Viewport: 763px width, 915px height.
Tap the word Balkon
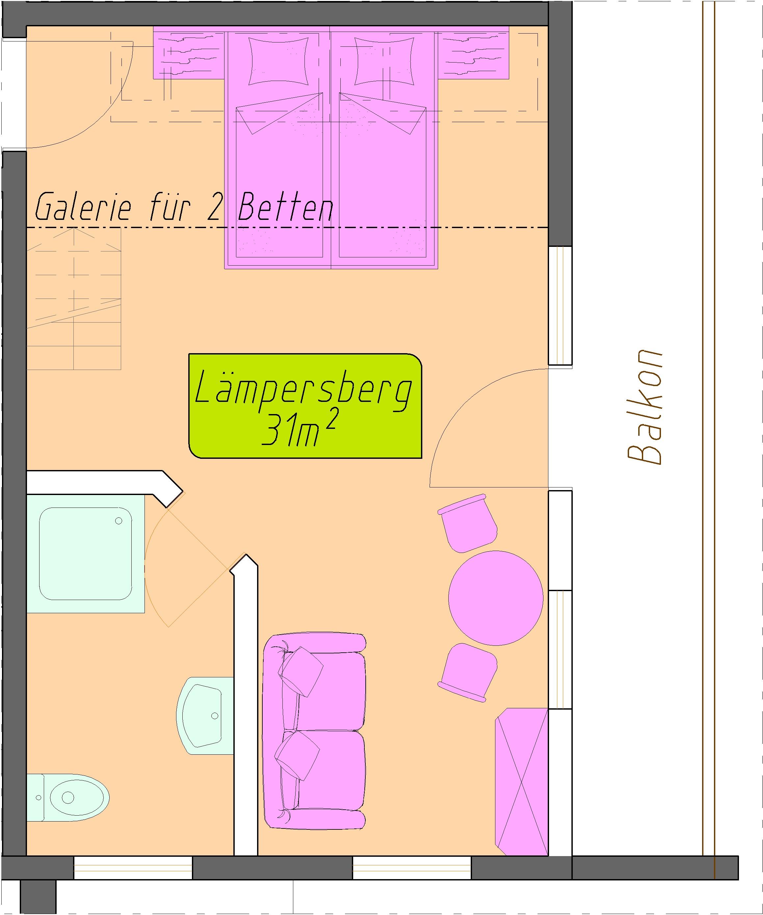645,406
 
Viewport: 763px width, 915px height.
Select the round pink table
496,598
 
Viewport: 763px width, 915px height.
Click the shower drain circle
118,521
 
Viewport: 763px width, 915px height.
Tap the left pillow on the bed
278,61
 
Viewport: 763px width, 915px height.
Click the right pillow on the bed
384,61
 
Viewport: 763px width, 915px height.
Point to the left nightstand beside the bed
189,53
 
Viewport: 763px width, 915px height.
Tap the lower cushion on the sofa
297,755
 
